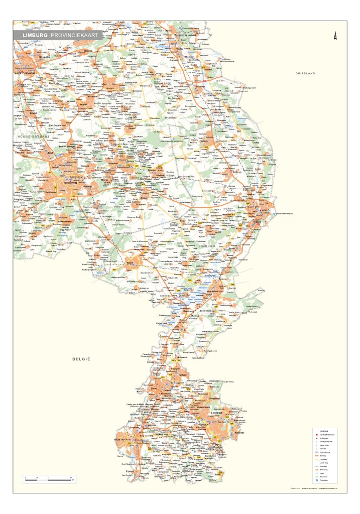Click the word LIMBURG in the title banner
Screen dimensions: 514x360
35,35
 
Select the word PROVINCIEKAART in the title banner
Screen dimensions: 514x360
76,35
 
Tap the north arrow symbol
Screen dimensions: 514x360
334,36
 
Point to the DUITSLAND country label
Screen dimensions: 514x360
305,74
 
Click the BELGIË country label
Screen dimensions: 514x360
80,359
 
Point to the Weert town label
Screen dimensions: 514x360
130,263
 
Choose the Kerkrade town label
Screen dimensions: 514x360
239,432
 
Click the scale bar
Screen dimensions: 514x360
49,480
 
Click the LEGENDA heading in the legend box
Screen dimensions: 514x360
323,431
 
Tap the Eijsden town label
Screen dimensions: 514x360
130,471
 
